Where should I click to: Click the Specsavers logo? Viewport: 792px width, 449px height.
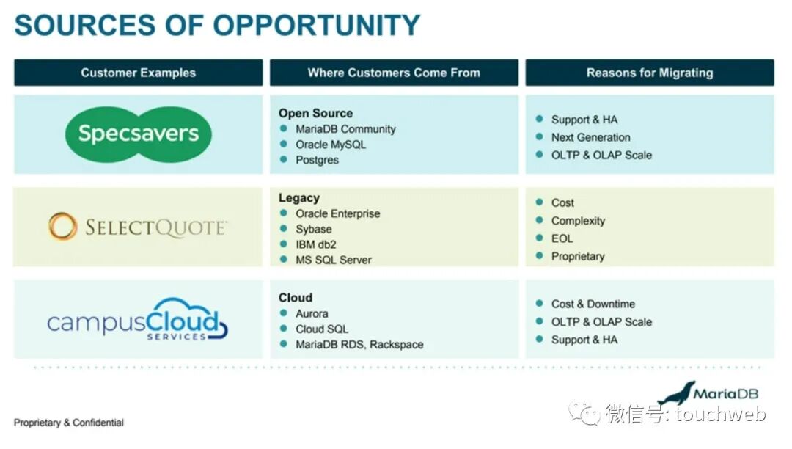tap(138, 134)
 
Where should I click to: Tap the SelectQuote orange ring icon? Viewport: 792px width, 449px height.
tap(62, 227)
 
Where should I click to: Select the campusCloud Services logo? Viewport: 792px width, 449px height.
tap(138, 319)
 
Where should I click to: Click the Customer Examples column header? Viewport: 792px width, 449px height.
tap(138, 73)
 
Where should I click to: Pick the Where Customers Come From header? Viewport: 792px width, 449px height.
tap(394, 73)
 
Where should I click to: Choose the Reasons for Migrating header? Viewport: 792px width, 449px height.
tap(649, 73)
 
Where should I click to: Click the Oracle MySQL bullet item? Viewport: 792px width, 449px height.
tap(330, 145)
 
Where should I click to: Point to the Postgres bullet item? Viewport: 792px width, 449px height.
tap(317, 160)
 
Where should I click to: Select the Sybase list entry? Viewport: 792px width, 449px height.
tap(313, 229)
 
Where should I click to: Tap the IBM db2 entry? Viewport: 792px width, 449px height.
tap(315, 244)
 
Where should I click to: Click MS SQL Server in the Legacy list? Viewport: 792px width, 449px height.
tap(333, 260)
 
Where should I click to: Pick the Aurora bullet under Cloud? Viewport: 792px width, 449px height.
tap(312, 313)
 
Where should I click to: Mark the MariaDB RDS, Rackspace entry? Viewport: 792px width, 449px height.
tap(359, 344)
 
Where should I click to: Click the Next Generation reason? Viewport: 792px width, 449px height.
tap(590, 137)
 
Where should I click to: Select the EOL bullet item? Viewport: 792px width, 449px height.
tap(562, 238)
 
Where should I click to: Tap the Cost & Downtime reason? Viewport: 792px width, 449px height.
tap(593, 304)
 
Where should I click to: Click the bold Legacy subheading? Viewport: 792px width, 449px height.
tap(298, 198)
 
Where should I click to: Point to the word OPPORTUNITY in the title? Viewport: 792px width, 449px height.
tap(317, 25)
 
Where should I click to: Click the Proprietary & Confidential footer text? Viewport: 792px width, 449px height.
tap(69, 423)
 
